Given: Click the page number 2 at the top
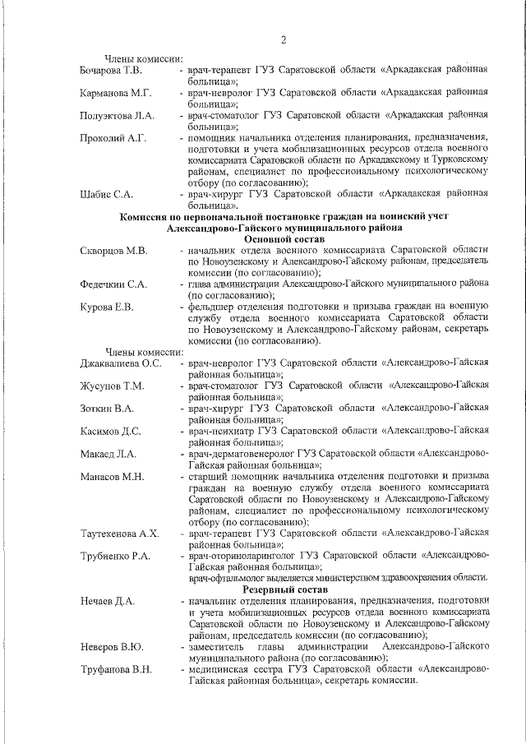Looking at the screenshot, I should [x=283, y=39].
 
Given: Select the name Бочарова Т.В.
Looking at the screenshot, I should [x=110, y=71].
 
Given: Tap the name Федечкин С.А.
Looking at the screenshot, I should [x=113, y=284].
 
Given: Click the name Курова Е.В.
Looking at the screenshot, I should [x=106, y=307].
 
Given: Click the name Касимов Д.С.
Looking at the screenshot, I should [x=111, y=430].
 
